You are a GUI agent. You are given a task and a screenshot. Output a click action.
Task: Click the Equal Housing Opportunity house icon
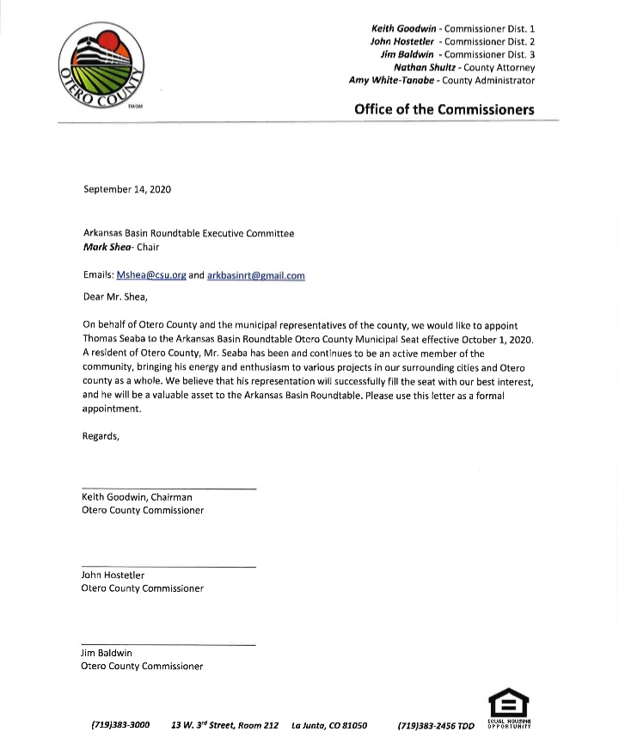point(508,701)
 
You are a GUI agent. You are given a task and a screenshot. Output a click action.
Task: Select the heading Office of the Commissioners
point(444,110)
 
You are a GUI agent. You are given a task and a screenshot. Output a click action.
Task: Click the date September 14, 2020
point(126,189)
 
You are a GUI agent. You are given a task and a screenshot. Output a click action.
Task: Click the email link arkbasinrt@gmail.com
point(256,276)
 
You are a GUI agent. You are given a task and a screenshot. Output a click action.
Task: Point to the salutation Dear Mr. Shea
point(115,298)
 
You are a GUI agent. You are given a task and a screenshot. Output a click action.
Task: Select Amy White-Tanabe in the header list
point(392,81)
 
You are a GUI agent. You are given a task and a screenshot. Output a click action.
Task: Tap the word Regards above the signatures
point(101,436)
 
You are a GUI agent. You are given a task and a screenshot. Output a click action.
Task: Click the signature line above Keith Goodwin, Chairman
point(169,489)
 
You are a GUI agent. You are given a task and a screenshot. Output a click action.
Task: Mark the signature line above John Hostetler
point(169,567)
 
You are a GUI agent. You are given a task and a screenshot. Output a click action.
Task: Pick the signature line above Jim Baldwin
point(169,645)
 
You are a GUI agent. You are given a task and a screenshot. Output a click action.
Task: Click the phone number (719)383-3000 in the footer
point(120,726)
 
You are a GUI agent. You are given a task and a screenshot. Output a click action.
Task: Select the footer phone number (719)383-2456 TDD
point(436,726)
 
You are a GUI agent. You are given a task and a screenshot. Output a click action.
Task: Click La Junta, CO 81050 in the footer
point(329,726)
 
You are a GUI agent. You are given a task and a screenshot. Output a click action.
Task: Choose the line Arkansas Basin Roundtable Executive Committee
point(188,234)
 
